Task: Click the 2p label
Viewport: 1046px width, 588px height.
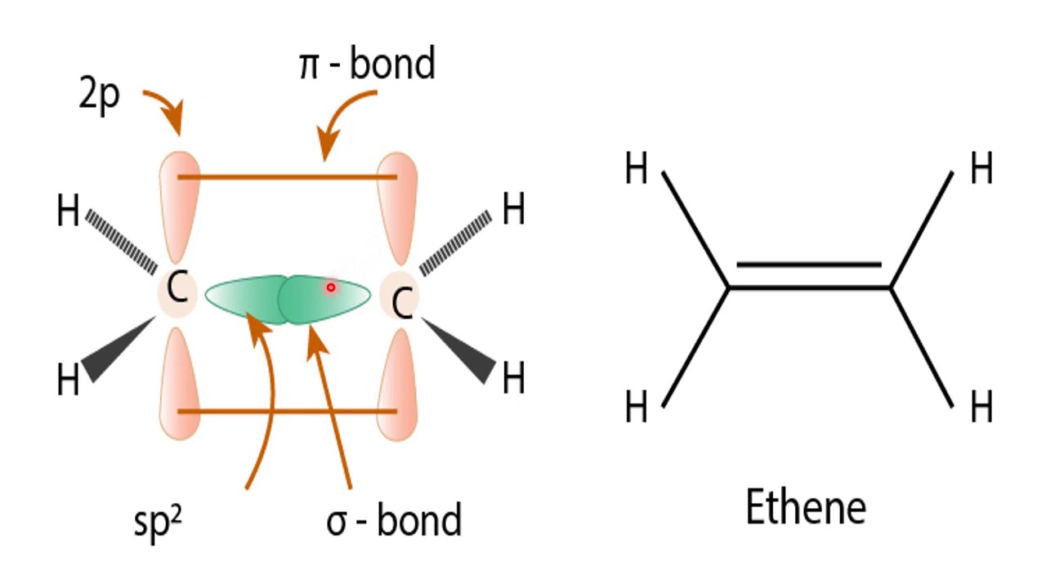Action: [100, 96]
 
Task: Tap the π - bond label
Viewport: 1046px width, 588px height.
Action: [367, 63]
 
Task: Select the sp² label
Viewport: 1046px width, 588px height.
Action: [158, 522]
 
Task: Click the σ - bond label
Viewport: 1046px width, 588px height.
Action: [394, 520]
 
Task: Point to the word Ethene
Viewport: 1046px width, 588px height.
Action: [806, 507]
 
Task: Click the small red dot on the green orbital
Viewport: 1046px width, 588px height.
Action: [331, 287]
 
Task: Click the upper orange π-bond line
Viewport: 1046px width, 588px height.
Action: [288, 177]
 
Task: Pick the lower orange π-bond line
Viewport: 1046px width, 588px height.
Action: [288, 412]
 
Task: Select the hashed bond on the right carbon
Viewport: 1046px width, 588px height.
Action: [455, 243]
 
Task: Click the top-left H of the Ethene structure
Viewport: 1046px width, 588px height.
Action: [636, 168]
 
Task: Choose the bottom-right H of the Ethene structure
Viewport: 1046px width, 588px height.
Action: [981, 407]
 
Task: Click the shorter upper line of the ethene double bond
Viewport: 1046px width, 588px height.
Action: [809, 265]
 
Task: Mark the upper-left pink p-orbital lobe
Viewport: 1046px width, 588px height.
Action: [180, 207]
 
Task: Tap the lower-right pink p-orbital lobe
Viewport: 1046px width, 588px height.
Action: [397, 385]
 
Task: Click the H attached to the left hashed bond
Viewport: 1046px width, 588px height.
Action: [68, 211]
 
